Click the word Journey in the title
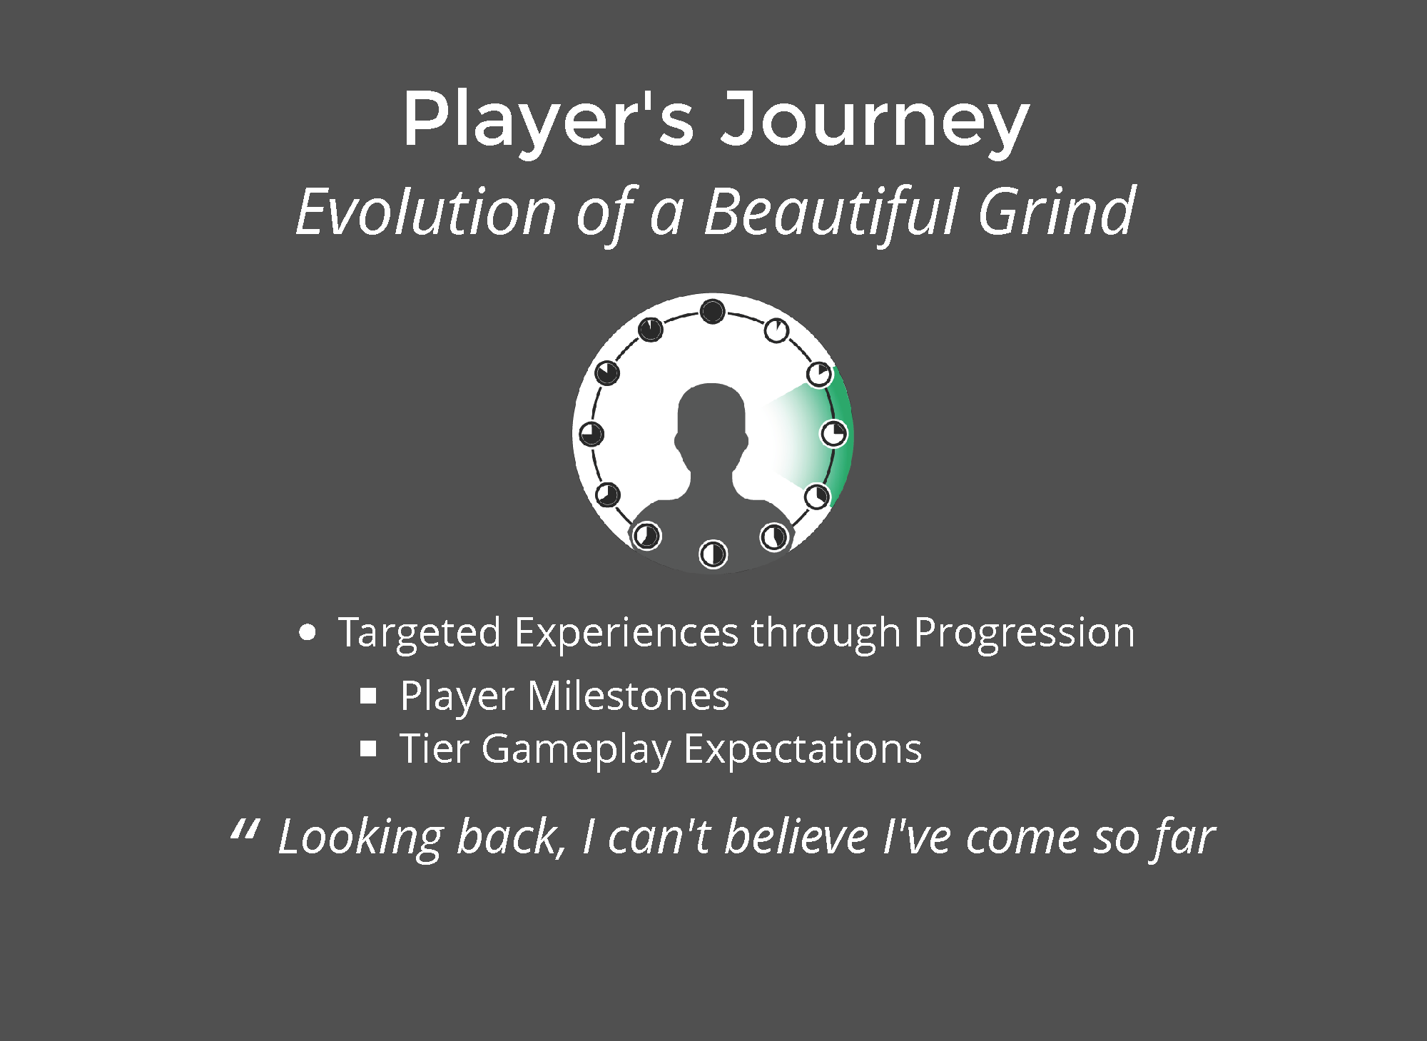pos(875,121)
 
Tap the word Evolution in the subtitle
pos(426,211)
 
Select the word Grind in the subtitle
pos(1056,211)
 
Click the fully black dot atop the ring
pos(712,312)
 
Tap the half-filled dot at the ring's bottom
pos(713,554)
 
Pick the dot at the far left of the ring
pos(591,434)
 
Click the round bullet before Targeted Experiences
pos(308,633)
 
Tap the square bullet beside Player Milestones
pos(368,696)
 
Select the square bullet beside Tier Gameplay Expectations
pos(368,749)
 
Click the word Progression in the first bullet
pos(1024,634)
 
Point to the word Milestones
pos(628,696)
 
